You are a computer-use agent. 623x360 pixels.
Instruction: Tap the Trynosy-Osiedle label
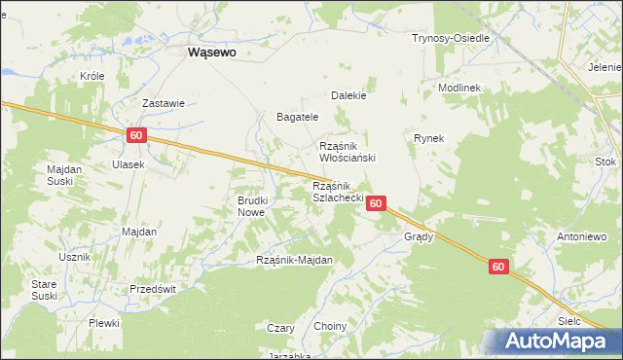point(450,38)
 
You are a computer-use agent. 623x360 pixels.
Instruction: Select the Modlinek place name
point(459,87)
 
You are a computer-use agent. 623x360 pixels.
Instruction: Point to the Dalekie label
point(348,96)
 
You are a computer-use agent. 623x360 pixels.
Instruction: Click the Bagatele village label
point(298,117)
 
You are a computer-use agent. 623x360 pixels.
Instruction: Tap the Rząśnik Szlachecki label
point(338,192)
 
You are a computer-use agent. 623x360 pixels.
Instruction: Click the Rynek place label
point(428,138)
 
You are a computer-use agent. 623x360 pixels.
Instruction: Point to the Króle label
point(92,75)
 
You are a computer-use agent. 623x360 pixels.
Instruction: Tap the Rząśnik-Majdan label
point(294,260)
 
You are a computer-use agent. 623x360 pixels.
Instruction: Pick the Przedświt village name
point(153,289)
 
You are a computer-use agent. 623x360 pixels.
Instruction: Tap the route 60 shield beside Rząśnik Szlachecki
point(378,203)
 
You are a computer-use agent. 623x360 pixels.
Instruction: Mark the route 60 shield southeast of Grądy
point(498,267)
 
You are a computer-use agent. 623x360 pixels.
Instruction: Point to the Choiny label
point(331,326)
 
